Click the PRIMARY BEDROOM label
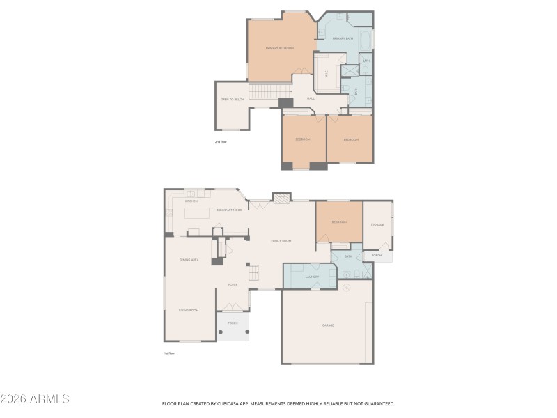280,48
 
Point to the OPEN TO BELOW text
232,100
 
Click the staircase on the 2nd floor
269,91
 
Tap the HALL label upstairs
311,98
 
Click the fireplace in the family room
281,199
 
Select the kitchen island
196,212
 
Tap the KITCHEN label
191,201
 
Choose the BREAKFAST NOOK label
229,210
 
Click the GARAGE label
328,325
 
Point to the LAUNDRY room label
311,277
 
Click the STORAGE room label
377,224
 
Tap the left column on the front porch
221,332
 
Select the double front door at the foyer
232,307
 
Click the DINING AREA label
189,260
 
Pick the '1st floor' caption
168,353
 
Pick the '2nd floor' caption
221,141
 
